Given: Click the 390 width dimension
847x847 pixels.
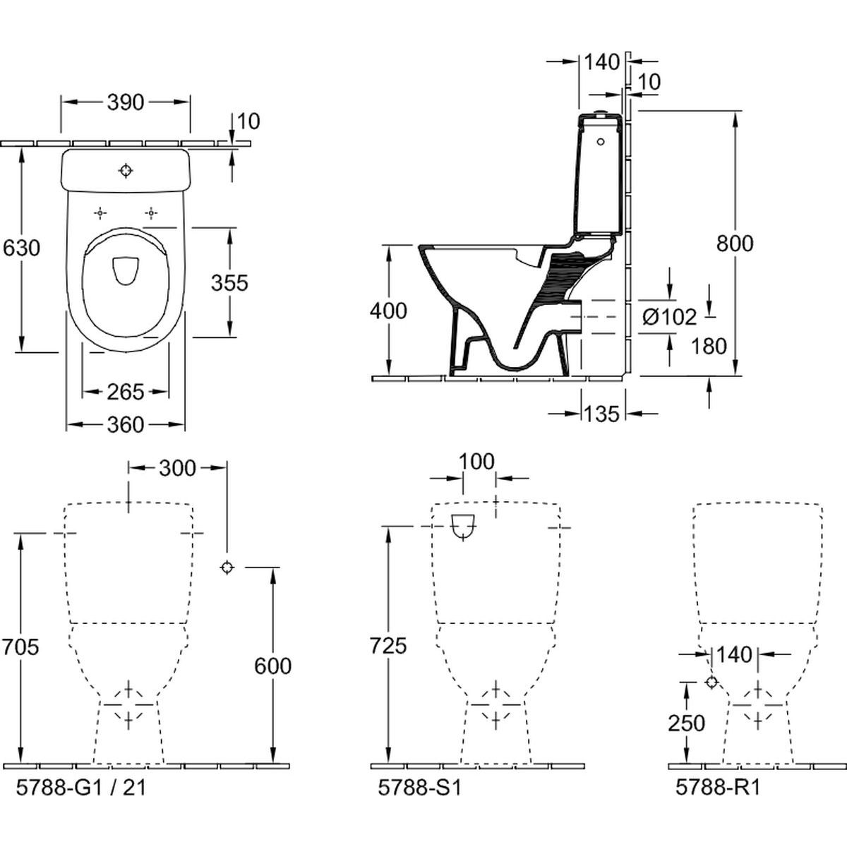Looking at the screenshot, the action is [125, 102].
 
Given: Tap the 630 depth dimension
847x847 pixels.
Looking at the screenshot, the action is [21, 248].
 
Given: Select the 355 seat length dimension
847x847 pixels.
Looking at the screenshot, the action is [229, 283].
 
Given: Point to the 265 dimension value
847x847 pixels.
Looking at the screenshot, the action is [125, 392].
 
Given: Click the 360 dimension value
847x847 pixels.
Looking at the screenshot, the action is [125, 425].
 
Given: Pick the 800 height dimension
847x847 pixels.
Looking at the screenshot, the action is [735, 244].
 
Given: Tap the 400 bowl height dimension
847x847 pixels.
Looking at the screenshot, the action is [388, 311].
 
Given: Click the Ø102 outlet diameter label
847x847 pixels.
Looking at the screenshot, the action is [669, 317].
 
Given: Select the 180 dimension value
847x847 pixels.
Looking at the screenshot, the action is [709, 347].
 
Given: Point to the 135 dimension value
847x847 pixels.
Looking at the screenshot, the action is [602, 414].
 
